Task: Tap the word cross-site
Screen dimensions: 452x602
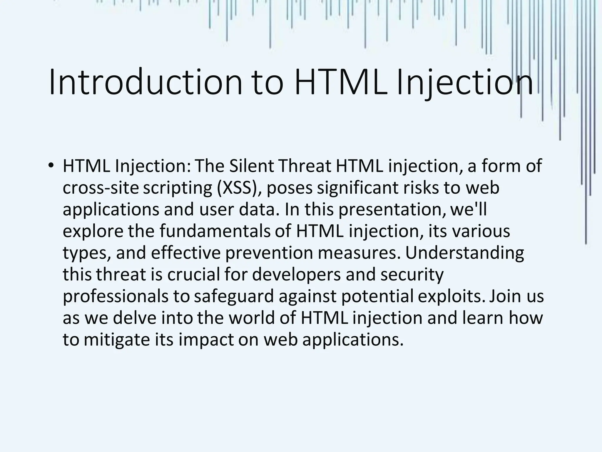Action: (101, 187)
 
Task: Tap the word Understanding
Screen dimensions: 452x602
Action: (464, 253)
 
